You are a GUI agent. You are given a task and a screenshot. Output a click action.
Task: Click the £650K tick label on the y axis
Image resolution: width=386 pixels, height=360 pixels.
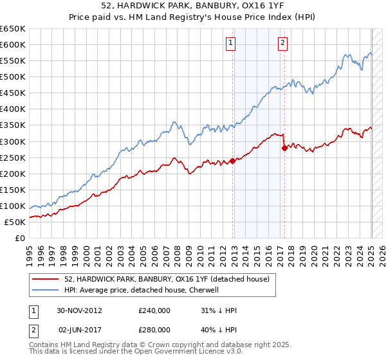click(13, 29)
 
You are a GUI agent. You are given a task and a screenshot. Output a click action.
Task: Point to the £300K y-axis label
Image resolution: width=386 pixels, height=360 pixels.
click(13, 141)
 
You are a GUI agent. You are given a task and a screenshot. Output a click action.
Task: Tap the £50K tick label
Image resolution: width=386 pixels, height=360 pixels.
click(15, 222)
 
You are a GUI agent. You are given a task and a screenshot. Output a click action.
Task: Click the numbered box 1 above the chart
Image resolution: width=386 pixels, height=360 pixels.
click(230, 44)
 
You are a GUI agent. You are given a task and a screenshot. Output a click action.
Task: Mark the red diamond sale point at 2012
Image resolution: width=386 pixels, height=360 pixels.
click(233, 161)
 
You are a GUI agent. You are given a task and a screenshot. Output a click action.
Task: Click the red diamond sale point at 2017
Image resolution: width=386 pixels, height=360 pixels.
click(284, 148)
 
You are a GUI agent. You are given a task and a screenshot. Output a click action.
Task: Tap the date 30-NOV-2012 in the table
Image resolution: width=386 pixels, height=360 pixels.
click(80, 310)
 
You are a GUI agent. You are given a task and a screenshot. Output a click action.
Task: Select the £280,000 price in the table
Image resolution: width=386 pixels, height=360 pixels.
click(154, 329)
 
